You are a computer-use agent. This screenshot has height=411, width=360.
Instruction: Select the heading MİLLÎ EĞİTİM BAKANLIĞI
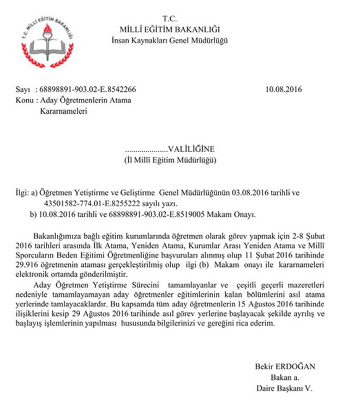coord(176,29)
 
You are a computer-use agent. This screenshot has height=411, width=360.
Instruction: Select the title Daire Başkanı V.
coord(283,388)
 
